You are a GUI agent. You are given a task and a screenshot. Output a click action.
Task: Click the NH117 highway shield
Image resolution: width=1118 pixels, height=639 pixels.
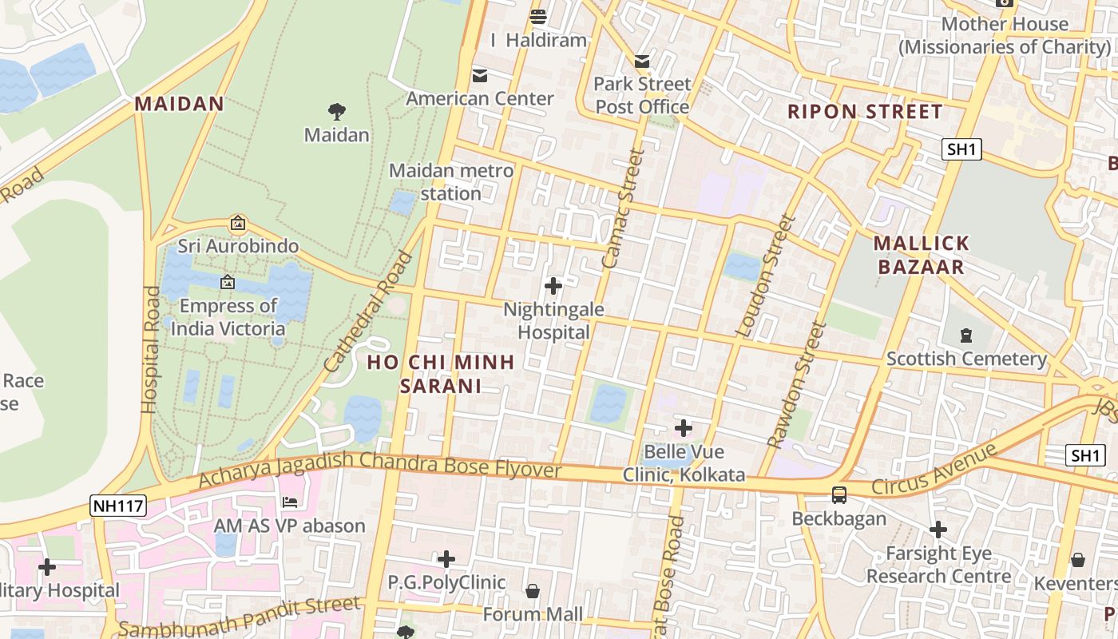pyautogui.click(x=119, y=505)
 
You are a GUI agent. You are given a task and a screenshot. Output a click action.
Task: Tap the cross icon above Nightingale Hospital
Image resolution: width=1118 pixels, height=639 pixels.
pyautogui.click(x=553, y=285)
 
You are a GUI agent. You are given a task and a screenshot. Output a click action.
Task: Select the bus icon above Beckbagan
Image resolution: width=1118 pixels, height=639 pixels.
pyautogui.click(x=839, y=495)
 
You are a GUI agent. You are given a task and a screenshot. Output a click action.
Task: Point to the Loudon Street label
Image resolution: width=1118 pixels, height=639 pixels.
pyautogui.click(x=765, y=276)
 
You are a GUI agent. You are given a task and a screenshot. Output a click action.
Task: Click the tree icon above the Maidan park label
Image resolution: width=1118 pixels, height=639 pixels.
pyautogui.click(x=337, y=112)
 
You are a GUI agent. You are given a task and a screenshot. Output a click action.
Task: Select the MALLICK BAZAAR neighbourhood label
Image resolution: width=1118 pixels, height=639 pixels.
pyautogui.click(x=921, y=255)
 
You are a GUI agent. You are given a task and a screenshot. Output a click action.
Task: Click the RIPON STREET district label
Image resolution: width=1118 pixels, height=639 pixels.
pyautogui.click(x=865, y=112)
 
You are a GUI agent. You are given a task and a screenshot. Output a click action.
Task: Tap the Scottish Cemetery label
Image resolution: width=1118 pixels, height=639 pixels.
pyautogui.click(x=966, y=359)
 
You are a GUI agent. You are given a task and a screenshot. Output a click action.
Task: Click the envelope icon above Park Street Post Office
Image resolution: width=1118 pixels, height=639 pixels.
pyautogui.click(x=642, y=62)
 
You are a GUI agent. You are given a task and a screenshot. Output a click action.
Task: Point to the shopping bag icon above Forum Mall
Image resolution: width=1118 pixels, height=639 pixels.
pyautogui.click(x=533, y=591)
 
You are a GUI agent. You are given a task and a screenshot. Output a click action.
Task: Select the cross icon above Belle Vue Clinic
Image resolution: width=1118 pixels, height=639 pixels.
pyautogui.click(x=683, y=427)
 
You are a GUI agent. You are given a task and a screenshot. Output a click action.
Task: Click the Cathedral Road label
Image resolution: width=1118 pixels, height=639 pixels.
pyautogui.click(x=369, y=312)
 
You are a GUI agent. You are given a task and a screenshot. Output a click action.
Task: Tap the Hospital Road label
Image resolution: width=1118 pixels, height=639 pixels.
pyautogui.click(x=150, y=349)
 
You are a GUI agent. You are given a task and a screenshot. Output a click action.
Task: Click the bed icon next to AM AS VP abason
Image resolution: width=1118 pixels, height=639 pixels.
pyautogui.click(x=290, y=502)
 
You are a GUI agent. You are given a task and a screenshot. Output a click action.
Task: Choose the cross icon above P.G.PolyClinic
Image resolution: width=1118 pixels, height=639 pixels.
pyautogui.click(x=446, y=559)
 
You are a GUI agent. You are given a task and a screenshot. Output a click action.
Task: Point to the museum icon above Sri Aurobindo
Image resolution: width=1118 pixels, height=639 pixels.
pyautogui.click(x=237, y=223)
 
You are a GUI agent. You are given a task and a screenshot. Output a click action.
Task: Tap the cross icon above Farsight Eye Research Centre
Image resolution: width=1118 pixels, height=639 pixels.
pyautogui.click(x=938, y=530)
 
